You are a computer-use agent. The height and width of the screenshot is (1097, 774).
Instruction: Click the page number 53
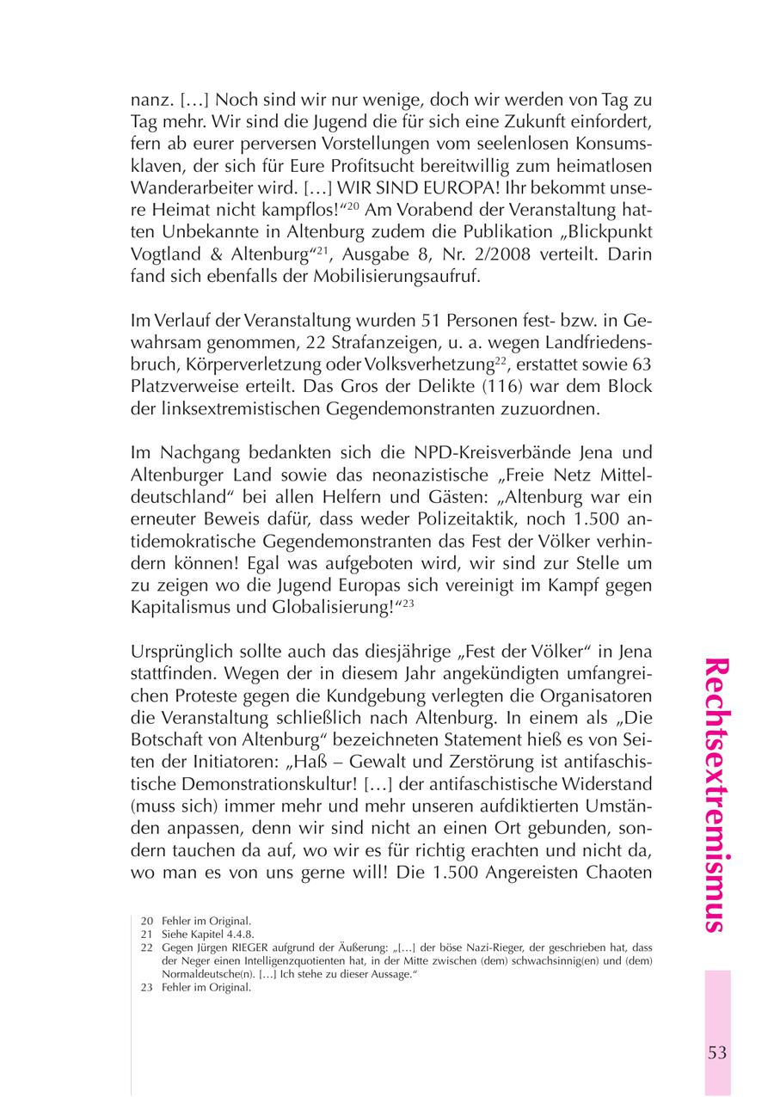tap(717, 1053)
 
